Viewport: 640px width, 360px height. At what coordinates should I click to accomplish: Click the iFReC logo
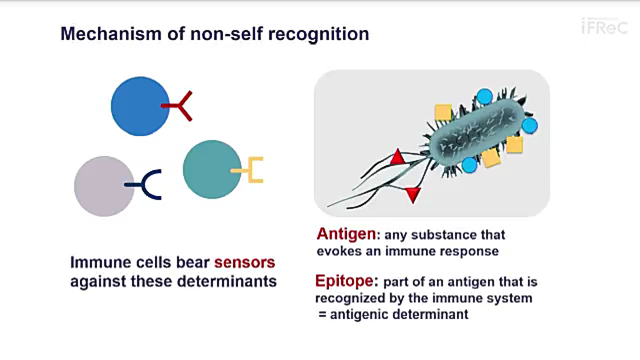click(x=604, y=26)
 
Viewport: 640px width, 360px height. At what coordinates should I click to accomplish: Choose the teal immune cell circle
click(x=211, y=169)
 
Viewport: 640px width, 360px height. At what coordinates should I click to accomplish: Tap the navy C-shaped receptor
click(x=147, y=185)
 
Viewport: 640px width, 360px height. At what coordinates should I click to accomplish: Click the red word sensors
click(x=244, y=262)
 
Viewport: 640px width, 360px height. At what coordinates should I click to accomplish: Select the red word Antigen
click(x=346, y=234)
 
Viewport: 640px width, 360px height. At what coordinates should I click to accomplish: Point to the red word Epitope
click(x=344, y=281)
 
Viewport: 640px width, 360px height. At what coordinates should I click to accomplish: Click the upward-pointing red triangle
click(x=397, y=157)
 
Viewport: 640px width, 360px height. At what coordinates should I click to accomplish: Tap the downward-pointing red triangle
click(x=412, y=194)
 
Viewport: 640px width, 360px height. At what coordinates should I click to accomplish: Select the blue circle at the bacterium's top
click(x=484, y=96)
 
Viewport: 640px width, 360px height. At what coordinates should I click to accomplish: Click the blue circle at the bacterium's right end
click(x=529, y=125)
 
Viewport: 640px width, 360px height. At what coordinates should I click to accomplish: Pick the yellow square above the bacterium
click(x=443, y=112)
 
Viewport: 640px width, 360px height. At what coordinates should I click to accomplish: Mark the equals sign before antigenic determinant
click(x=323, y=314)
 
